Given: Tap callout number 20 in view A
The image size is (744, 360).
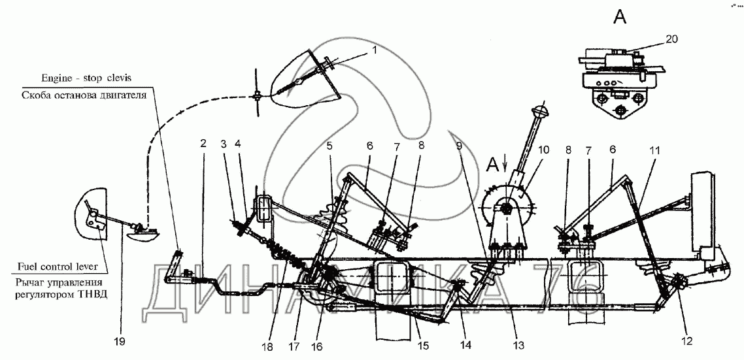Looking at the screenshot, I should (671, 39).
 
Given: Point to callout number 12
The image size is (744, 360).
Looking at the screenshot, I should (687, 340).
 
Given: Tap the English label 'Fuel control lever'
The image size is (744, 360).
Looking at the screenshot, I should (56, 268).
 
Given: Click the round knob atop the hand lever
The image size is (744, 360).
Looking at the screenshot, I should (539, 112).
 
